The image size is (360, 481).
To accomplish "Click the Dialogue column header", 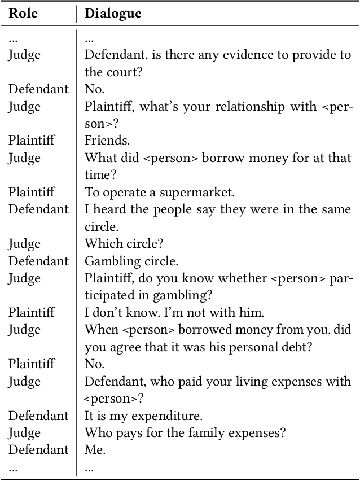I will click(113, 13).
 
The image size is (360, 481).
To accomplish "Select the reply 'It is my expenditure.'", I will click(143, 416).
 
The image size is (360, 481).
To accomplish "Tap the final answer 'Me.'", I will click(95, 450).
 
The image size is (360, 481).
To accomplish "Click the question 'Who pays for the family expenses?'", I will click(185, 433).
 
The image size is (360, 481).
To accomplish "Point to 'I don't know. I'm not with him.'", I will click(174, 312).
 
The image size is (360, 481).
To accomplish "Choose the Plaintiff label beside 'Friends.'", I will click(31, 141).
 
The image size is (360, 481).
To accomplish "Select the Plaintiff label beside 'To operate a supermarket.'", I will click(31, 192).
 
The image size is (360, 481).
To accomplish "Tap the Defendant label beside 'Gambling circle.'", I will click(38, 261).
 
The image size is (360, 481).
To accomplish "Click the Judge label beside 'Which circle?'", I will click(24, 244).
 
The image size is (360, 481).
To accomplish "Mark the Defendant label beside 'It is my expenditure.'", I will click(38, 416).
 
